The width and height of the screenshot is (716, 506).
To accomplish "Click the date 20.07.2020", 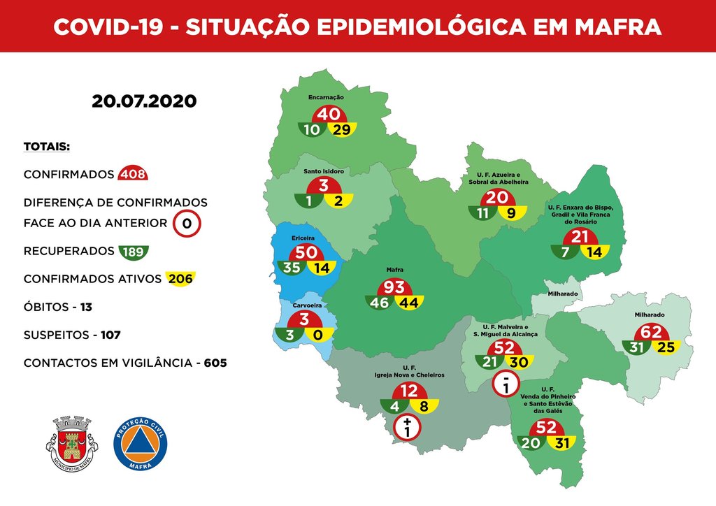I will (x=144, y=101).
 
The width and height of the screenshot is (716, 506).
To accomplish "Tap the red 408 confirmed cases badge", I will (x=134, y=174).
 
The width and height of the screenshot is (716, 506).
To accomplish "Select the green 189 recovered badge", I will (x=134, y=251).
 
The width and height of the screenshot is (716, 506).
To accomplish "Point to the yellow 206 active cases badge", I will (x=179, y=279).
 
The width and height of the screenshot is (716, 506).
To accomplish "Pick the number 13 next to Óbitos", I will (x=86, y=307).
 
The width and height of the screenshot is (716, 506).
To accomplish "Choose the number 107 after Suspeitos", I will (x=110, y=335).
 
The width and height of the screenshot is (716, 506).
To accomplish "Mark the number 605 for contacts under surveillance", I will (x=215, y=363).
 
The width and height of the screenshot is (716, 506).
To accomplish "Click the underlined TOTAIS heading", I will (x=47, y=147).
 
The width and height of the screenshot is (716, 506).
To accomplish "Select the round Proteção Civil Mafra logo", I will (x=140, y=444).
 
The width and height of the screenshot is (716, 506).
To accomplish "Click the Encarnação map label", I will (x=327, y=98).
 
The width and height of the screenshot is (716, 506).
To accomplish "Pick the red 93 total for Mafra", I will (x=394, y=287).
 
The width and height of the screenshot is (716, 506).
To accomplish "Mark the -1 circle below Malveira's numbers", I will (x=505, y=384).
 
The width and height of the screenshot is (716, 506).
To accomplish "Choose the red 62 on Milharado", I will (x=652, y=333).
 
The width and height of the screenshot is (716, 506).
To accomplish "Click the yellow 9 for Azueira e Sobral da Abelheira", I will (x=511, y=213).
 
